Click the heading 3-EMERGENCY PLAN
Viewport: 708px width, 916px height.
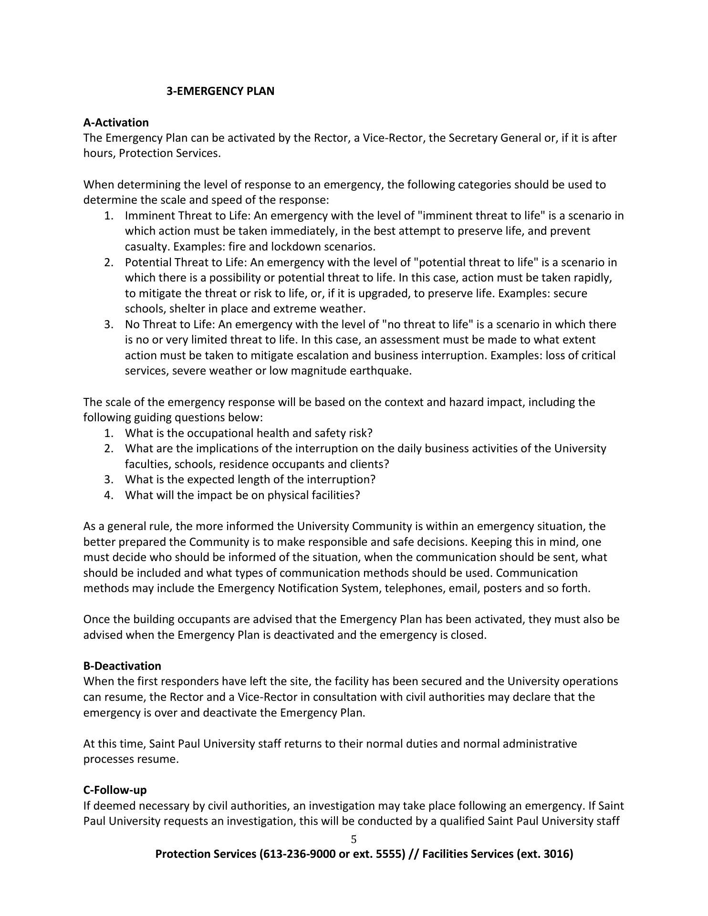pyautogui.click(x=220, y=91)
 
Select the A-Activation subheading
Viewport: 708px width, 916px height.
pyautogui.click(x=116, y=123)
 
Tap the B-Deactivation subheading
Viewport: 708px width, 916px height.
pyautogui.click(x=122, y=666)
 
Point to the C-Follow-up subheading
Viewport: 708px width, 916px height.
pyautogui.click(x=115, y=790)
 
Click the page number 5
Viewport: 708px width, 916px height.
pyautogui.click(x=354, y=839)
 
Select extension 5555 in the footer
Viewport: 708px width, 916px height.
pyautogui.click(x=388, y=854)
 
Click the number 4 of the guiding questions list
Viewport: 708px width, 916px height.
pyautogui.click(x=109, y=495)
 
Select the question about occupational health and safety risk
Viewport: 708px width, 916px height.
pyautogui.click(x=248, y=433)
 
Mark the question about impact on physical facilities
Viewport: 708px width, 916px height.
pyautogui.click(x=242, y=495)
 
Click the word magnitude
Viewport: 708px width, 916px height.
pyautogui.click(x=320, y=371)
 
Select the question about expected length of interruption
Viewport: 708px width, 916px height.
pyautogui.click(x=250, y=479)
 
